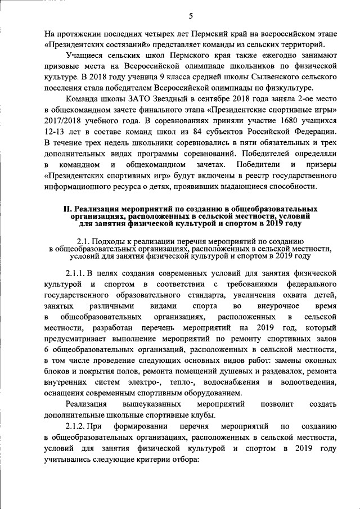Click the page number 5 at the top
191,15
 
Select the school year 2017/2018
65,120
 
